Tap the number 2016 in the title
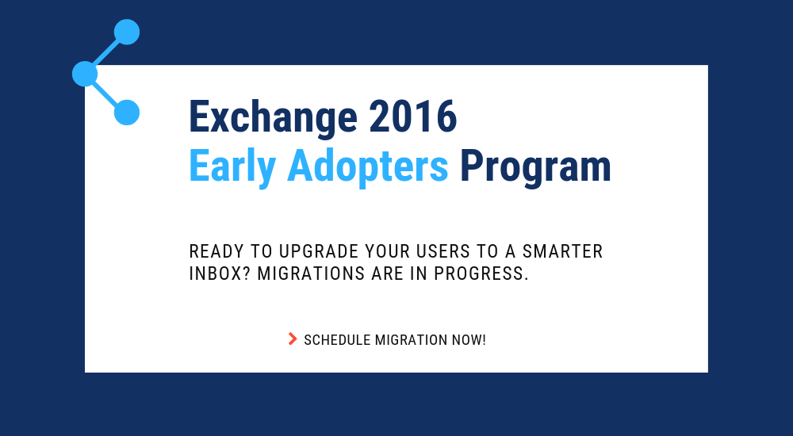(412, 117)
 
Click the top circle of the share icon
(127, 32)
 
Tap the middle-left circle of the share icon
(85, 74)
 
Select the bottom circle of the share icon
(127, 113)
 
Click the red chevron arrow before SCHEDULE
(293, 338)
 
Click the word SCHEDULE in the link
(337, 340)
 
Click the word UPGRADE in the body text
(319, 251)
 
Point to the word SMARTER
(562, 251)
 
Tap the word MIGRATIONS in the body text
(311, 273)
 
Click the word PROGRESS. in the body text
(481, 273)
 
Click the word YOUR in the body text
(388, 251)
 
